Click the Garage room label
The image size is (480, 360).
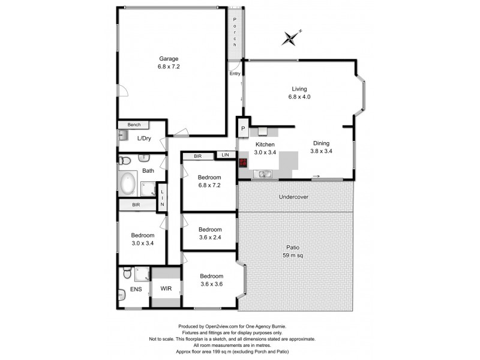point(169,62)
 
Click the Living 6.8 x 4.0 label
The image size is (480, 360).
point(299,92)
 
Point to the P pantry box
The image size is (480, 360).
point(244,128)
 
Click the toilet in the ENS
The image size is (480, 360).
point(127,274)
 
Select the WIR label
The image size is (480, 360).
point(166,289)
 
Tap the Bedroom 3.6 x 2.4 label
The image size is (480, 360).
point(210,233)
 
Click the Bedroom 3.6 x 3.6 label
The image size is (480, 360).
point(210,280)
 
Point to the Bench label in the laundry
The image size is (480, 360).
point(133,125)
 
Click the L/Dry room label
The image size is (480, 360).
point(144,139)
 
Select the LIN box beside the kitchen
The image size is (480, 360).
point(225,155)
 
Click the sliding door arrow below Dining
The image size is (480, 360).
point(316,176)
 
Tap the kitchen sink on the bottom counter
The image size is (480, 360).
point(262,174)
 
